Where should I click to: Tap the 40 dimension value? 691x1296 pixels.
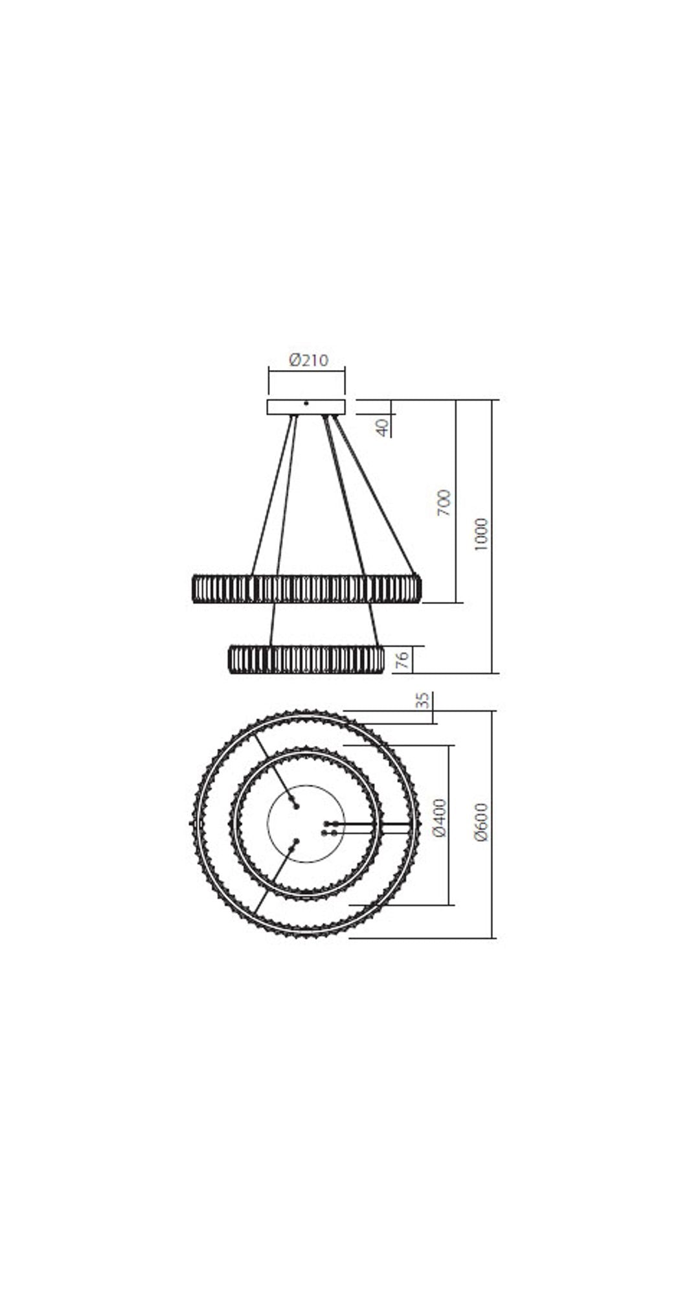[383, 427]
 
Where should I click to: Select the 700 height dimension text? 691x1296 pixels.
[444, 503]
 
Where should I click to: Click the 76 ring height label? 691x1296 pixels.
[402, 660]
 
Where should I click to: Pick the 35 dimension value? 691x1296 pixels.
[422, 700]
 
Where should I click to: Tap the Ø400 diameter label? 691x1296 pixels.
[440, 818]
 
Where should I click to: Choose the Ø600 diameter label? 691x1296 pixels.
[481, 822]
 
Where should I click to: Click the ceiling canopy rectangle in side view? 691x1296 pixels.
[306, 407]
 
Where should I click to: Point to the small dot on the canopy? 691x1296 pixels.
[306, 403]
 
